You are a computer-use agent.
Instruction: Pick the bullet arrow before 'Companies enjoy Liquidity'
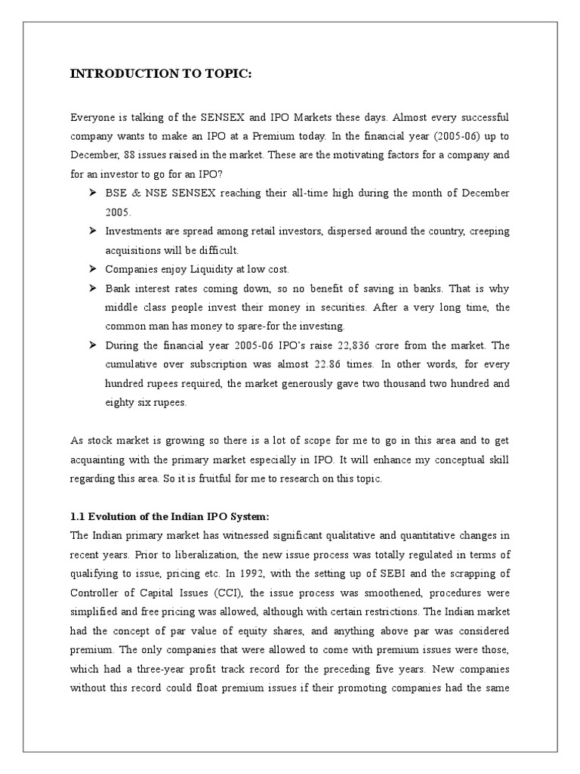[92, 269]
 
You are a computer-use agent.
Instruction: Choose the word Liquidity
[205, 269]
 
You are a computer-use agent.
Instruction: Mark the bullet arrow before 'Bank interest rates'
[92, 288]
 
